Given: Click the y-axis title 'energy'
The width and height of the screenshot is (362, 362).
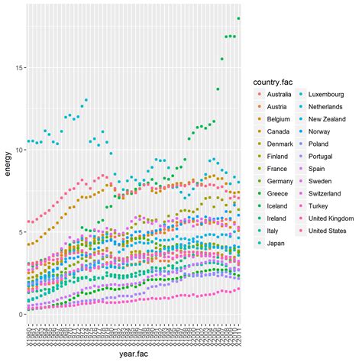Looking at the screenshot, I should coord(8,165).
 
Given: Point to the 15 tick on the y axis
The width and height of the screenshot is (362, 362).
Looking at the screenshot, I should coord(20,68).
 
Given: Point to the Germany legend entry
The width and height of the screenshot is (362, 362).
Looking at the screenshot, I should coord(280,182).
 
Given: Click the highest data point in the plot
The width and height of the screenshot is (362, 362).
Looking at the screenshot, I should coord(238,18).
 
